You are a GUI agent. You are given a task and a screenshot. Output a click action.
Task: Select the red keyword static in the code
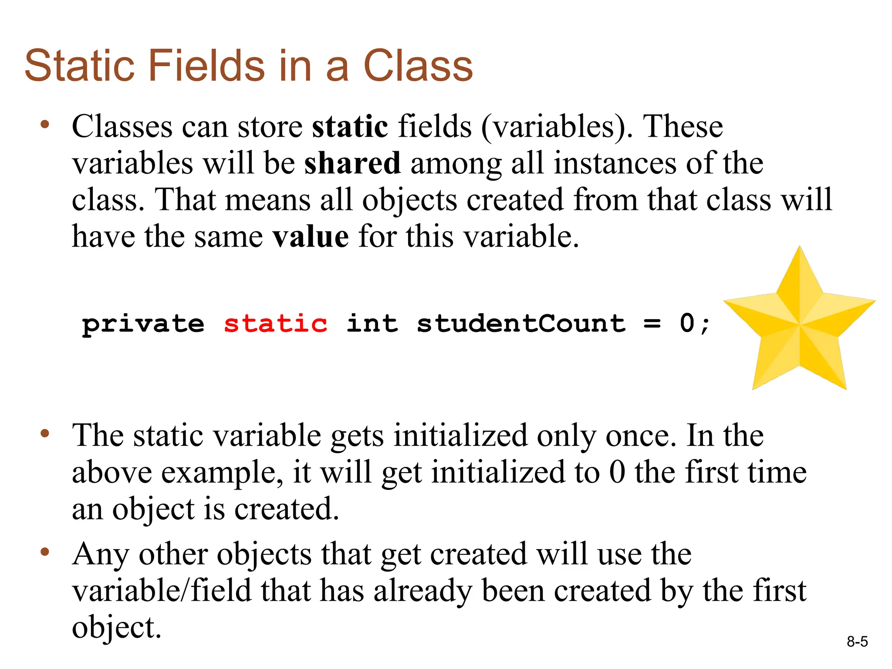tap(275, 324)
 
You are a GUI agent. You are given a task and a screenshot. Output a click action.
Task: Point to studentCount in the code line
tap(521, 324)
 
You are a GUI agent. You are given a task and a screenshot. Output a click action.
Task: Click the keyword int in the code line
tap(372, 324)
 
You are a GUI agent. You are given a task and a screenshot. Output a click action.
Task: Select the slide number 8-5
tap(857, 642)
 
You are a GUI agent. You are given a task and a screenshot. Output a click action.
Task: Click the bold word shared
tap(352, 163)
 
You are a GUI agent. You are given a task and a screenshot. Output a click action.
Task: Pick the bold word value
tap(310, 237)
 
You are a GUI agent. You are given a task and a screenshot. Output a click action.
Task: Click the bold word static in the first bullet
tap(350, 126)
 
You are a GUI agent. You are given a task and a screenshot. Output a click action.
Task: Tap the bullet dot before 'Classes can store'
tap(44, 125)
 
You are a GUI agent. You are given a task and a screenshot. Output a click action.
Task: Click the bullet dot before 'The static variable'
tap(44, 434)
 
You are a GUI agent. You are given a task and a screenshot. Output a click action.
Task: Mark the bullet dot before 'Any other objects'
tap(44, 552)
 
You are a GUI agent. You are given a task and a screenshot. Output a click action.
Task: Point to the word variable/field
tap(162, 591)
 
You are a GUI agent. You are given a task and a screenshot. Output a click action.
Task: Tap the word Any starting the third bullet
tap(101, 555)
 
